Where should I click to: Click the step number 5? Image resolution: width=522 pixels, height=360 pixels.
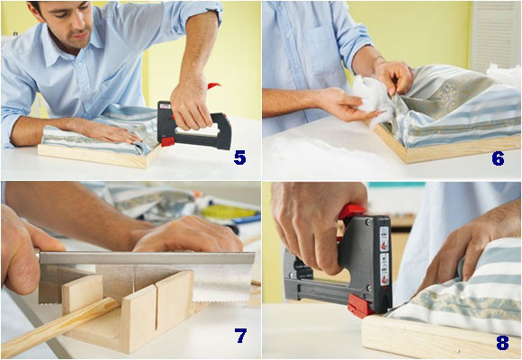239,157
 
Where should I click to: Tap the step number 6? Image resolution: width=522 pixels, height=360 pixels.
498,157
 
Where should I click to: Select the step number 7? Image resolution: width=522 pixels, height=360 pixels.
240,336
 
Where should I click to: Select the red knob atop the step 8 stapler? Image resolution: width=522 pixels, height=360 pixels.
353,212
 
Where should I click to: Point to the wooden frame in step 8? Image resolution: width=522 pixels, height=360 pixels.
423,337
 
